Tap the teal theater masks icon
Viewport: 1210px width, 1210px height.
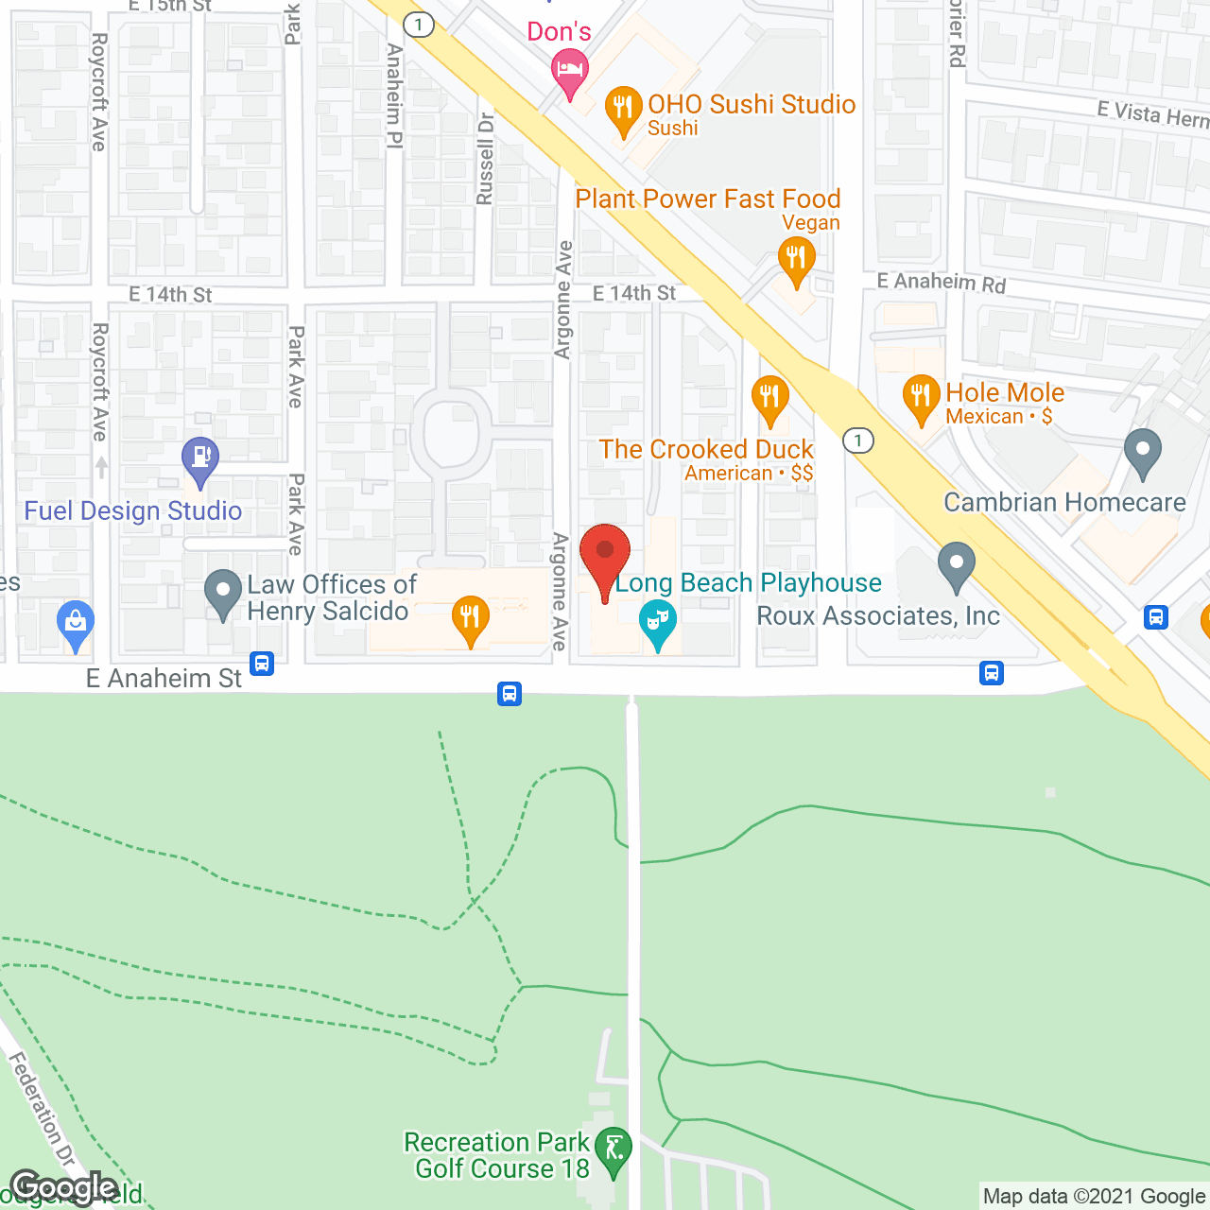pyautogui.click(x=657, y=621)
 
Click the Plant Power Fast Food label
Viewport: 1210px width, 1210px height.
pyautogui.click(x=707, y=199)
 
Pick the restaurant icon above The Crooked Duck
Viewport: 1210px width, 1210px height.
pyautogui.click(x=769, y=397)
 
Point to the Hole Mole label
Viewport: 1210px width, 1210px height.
pyautogui.click(x=1005, y=393)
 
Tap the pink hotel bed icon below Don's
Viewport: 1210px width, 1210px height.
pyautogui.click(x=569, y=70)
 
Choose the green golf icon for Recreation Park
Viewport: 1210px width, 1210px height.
pyautogui.click(x=614, y=1150)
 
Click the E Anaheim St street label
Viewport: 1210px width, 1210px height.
pyautogui.click(x=164, y=679)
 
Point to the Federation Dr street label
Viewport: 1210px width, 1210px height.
pyautogui.click(x=42, y=1110)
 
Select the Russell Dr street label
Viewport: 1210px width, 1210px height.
pyautogui.click(x=485, y=159)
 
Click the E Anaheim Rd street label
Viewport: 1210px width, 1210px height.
pyautogui.click(x=941, y=282)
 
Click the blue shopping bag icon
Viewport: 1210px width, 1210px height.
pyautogui.click(x=75, y=623)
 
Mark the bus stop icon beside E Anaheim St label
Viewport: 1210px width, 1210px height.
pyautogui.click(x=262, y=664)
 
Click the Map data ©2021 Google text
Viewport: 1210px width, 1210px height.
pyautogui.click(x=1095, y=1197)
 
